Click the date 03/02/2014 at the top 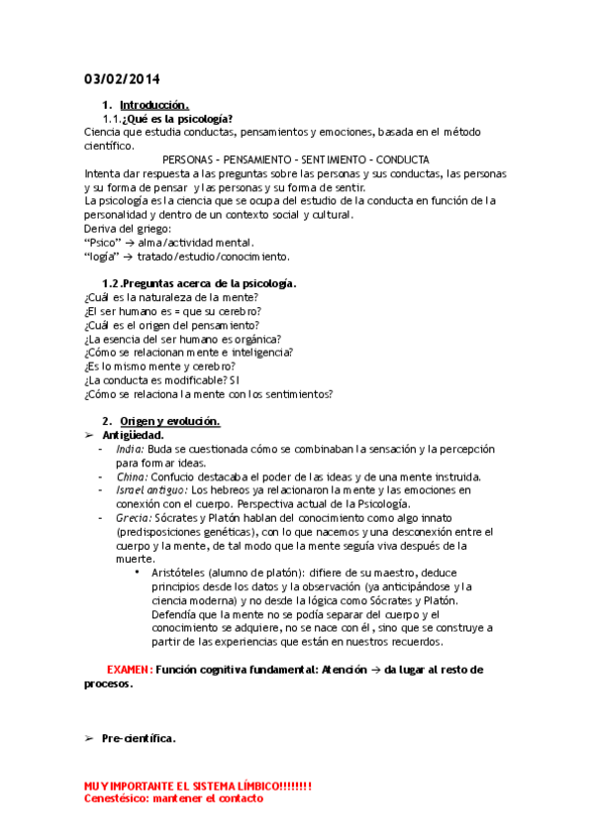[x=122, y=79]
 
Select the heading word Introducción [x=153, y=105]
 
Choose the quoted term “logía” [x=102, y=256]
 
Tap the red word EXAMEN [x=129, y=670]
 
